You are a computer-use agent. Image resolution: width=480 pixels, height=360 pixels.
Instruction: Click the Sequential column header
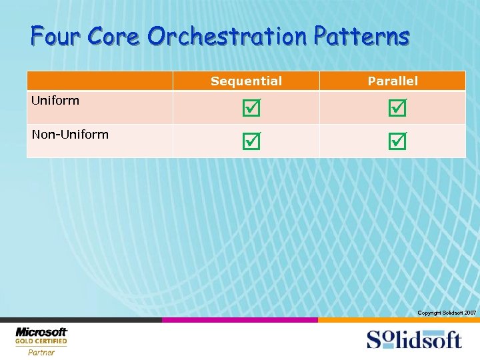246,81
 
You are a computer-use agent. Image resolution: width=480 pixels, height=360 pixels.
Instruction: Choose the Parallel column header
393,81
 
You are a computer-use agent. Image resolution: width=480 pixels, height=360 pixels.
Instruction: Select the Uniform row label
55,101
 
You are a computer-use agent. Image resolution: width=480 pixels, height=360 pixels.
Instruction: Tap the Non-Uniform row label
70,135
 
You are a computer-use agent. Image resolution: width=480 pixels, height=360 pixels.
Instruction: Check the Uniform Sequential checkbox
251,107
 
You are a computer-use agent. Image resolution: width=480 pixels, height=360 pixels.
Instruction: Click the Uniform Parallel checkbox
397,107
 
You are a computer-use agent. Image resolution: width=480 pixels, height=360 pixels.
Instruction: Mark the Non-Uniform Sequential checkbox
251,141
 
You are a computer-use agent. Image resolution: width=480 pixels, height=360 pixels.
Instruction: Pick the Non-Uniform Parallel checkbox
397,141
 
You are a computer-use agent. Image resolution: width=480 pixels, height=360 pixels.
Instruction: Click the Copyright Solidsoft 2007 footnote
447,313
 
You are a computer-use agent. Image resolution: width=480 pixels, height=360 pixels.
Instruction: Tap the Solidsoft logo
413,339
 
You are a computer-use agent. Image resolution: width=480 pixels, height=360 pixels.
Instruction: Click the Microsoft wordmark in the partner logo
41,332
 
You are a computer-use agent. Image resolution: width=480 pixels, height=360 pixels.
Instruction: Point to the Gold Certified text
41,341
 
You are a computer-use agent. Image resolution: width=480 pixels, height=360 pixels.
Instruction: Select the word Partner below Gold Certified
41,352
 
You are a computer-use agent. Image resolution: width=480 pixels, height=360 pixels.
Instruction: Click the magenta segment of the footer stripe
240,320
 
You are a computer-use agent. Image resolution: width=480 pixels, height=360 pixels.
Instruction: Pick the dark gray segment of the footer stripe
80,320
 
